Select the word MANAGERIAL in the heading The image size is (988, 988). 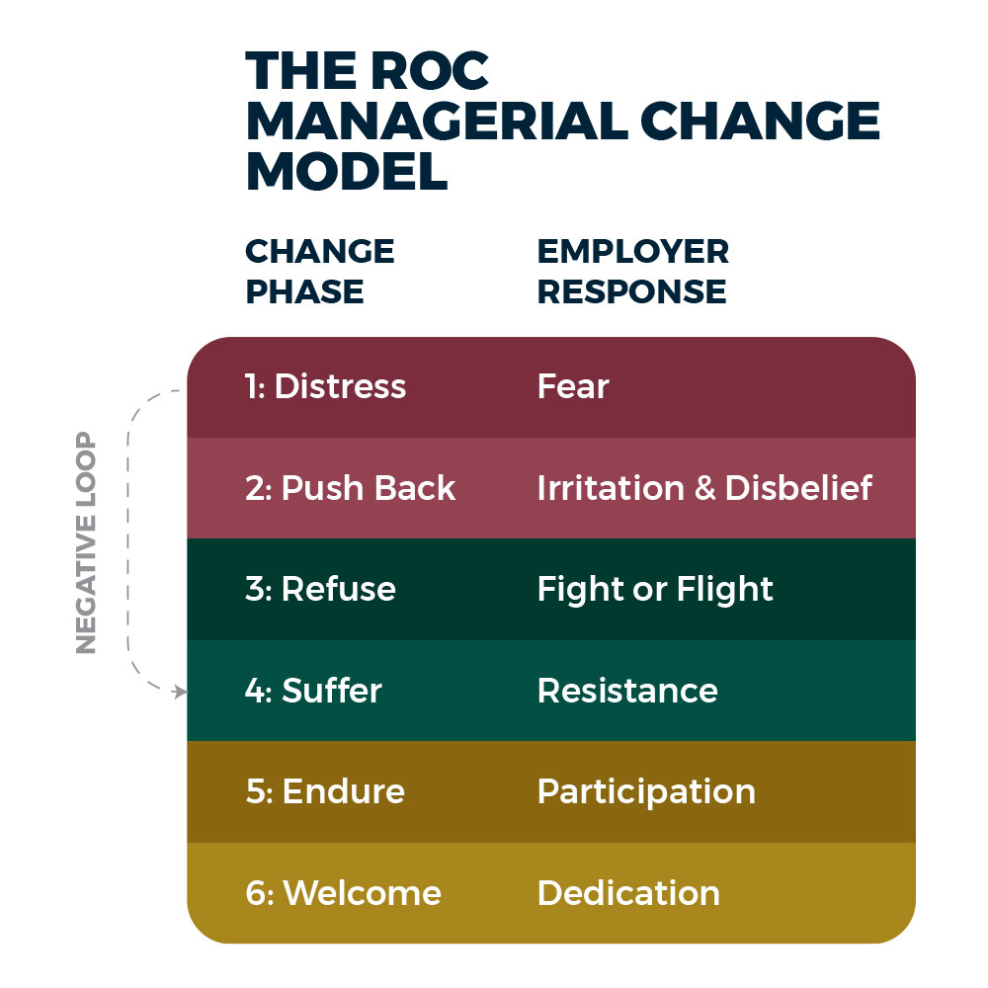435,122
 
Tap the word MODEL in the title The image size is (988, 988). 346,172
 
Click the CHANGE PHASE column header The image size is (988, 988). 319,272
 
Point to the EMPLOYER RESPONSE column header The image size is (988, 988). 632,272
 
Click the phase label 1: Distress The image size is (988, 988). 325,386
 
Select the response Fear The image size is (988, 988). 573,386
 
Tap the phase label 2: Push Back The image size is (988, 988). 350,488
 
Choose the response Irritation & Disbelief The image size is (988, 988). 704,488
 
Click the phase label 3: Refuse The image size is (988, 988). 320,590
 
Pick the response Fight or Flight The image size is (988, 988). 655,590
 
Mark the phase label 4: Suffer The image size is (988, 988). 313,691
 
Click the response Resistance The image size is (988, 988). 627,691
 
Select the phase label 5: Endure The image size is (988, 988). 325,792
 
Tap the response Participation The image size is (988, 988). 646,792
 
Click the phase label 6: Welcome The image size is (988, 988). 343,893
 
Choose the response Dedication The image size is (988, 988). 628,893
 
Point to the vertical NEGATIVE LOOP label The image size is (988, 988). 87,542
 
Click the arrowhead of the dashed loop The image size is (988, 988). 181,692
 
